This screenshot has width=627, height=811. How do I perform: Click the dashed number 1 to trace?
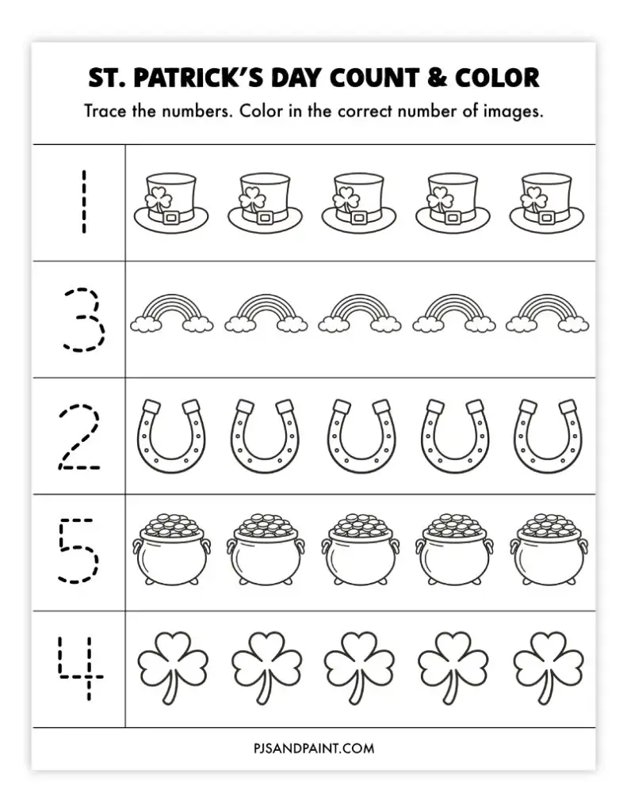point(80,204)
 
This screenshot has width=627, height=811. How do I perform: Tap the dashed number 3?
point(82,320)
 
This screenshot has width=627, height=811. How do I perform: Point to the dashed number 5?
point(79,552)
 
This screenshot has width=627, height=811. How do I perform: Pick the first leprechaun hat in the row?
point(170,203)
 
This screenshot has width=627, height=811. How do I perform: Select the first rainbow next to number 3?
point(172,314)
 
